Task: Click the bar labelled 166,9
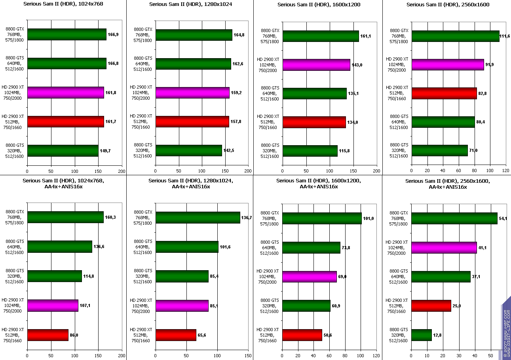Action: click(x=66, y=34)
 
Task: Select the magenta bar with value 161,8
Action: click(x=65, y=93)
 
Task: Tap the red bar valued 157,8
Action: click(x=192, y=121)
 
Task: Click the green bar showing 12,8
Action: click(x=421, y=335)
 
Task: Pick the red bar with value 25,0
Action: click(x=431, y=306)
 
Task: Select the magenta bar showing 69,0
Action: click(x=309, y=277)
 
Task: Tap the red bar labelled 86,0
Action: click(x=47, y=335)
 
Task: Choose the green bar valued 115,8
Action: click(x=310, y=151)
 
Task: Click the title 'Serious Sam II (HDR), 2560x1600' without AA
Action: click(x=448, y=5)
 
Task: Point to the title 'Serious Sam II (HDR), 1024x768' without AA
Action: click(x=63, y=5)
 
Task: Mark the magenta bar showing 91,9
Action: click(x=448, y=64)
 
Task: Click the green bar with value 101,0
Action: click(x=322, y=218)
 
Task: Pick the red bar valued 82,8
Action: click(x=444, y=93)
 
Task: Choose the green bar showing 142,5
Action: click(x=189, y=150)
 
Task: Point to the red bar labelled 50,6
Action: click(x=302, y=335)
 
